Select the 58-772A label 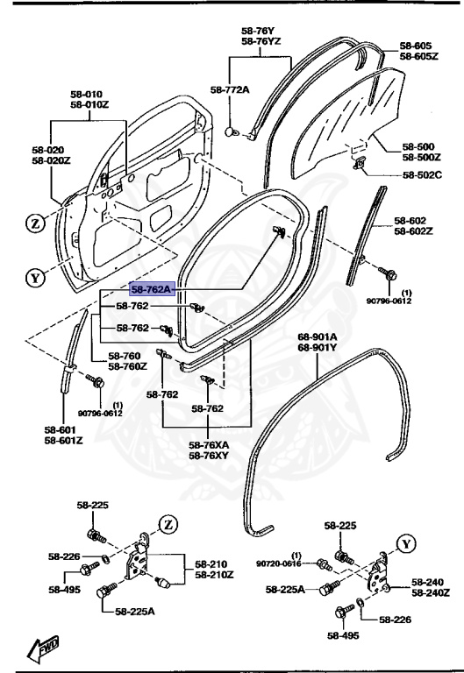pyautogui.click(x=229, y=89)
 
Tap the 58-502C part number pyautogui.click(x=422, y=175)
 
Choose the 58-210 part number pyautogui.click(x=211, y=563)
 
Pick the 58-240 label pyautogui.click(x=430, y=582)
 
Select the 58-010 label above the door pyautogui.click(x=93, y=94)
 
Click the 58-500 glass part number pyautogui.click(x=420, y=146)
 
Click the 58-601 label pyautogui.click(x=64, y=429)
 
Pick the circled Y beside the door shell pyautogui.click(x=34, y=279)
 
